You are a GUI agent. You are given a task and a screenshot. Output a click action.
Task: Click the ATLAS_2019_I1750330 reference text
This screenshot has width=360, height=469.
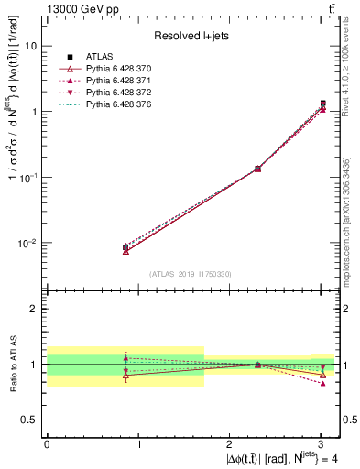pos(190,274)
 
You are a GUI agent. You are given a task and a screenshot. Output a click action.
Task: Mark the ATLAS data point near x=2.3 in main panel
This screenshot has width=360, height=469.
pos(258,169)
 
